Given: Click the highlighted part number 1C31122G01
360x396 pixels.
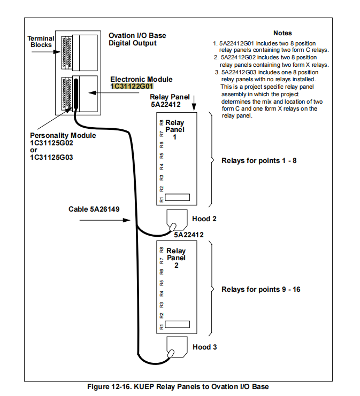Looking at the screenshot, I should coord(132,86).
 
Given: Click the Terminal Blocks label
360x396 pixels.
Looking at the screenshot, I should coord(40,42).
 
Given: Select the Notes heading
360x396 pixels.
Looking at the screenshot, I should coord(282,33).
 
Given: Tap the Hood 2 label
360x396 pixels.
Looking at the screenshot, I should coord(204,219).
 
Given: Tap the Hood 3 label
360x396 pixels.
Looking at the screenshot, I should coord(204,347).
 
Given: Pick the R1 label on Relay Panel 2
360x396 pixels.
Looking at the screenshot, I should coord(162,326).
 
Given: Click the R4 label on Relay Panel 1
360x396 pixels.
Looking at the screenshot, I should coord(162,166).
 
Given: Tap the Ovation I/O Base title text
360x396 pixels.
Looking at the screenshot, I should coord(137,36).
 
